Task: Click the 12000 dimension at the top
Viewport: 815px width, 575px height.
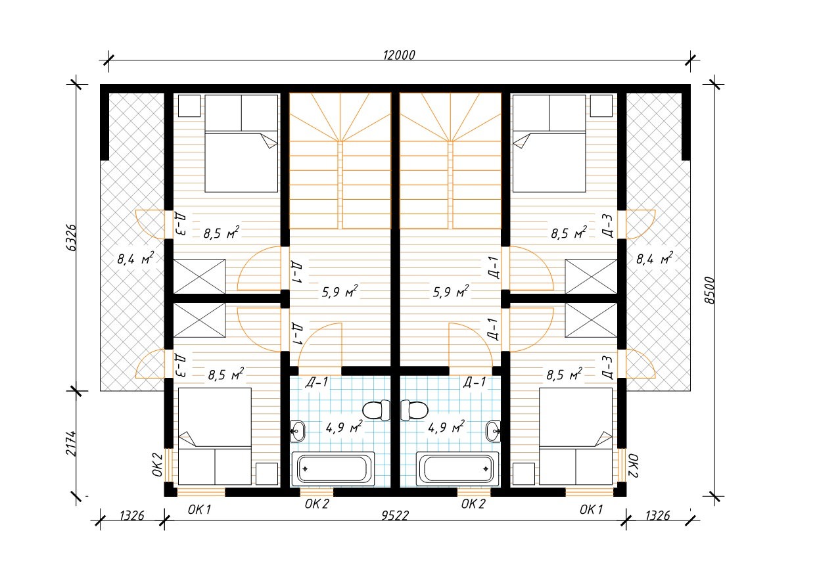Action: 399,55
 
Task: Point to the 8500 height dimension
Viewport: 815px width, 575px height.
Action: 709,290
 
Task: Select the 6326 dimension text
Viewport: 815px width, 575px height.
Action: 71,237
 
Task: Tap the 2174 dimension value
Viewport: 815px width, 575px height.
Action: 71,443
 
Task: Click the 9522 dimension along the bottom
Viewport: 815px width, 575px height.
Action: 395,515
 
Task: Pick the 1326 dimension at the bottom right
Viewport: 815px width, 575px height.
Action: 657,515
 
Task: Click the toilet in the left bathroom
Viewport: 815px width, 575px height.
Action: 376,410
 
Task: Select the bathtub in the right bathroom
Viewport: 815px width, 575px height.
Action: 457,469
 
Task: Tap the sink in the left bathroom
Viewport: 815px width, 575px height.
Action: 297,431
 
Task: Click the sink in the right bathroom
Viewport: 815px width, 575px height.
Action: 494,431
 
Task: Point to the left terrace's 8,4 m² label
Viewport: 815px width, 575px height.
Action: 135,259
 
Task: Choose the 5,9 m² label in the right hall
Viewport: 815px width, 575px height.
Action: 451,291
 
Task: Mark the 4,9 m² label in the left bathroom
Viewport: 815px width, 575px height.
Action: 344,427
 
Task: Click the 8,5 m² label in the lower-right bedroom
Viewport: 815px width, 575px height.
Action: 564,374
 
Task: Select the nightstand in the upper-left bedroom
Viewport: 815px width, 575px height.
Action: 189,106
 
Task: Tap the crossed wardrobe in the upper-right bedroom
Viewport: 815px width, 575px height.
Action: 592,277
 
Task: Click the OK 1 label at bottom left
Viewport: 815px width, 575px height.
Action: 199,509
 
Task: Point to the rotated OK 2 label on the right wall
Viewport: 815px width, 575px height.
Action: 633,465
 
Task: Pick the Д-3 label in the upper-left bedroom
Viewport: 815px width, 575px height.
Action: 180,223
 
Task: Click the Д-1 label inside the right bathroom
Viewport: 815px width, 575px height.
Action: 475,382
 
